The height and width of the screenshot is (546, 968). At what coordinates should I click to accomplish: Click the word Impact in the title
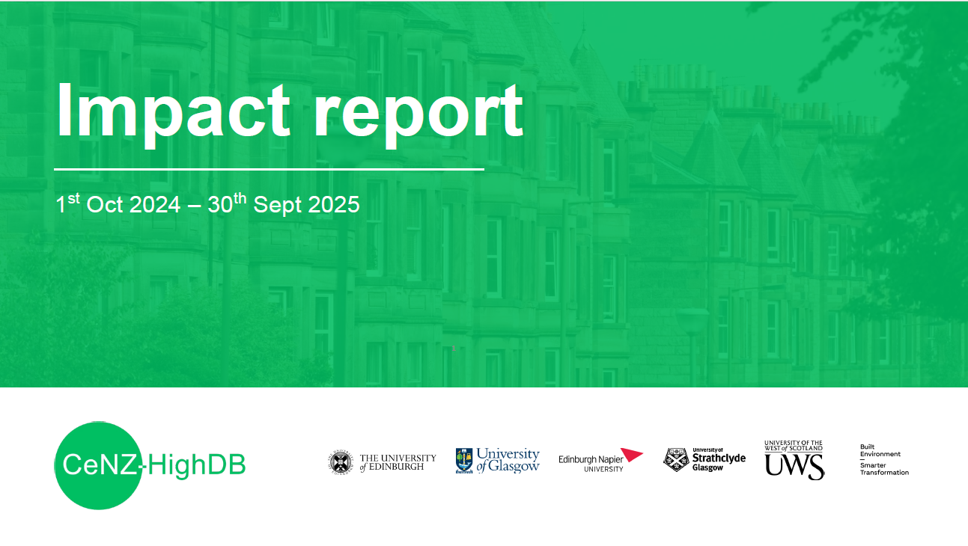pyautogui.click(x=173, y=112)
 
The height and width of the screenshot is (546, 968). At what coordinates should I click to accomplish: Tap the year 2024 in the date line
pyautogui.click(x=155, y=205)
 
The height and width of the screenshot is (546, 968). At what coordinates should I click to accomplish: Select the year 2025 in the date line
pyautogui.click(x=335, y=205)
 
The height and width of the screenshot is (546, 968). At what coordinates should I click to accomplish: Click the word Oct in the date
pyautogui.click(x=105, y=205)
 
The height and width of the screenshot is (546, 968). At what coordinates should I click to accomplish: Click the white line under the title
pyautogui.click(x=269, y=169)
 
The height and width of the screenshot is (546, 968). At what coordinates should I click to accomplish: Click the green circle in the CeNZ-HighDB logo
pyautogui.click(x=97, y=465)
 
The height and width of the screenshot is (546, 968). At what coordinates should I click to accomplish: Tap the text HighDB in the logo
pyautogui.click(x=197, y=466)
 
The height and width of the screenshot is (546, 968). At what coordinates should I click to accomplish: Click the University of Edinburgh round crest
pyautogui.click(x=340, y=462)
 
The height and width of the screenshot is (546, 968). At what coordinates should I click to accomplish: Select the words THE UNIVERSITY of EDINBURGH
pyautogui.click(x=398, y=462)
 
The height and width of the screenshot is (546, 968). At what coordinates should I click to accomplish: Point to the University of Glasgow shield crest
pyautogui.click(x=464, y=461)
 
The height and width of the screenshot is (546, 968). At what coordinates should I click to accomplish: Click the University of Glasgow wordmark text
pyautogui.click(x=508, y=460)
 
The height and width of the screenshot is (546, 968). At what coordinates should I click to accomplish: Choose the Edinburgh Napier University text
pyautogui.click(x=591, y=463)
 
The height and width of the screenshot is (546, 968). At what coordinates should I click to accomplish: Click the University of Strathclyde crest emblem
pyautogui.click(x=675, y=460)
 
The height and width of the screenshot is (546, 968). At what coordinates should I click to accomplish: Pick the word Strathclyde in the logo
pyautogui.click(x=719, y=458)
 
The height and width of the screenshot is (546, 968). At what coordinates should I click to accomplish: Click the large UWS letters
pyautogui.click(x=794, y=466)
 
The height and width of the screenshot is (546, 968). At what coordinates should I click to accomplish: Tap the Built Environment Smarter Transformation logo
pyautogui.click(x=884, y=459)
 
